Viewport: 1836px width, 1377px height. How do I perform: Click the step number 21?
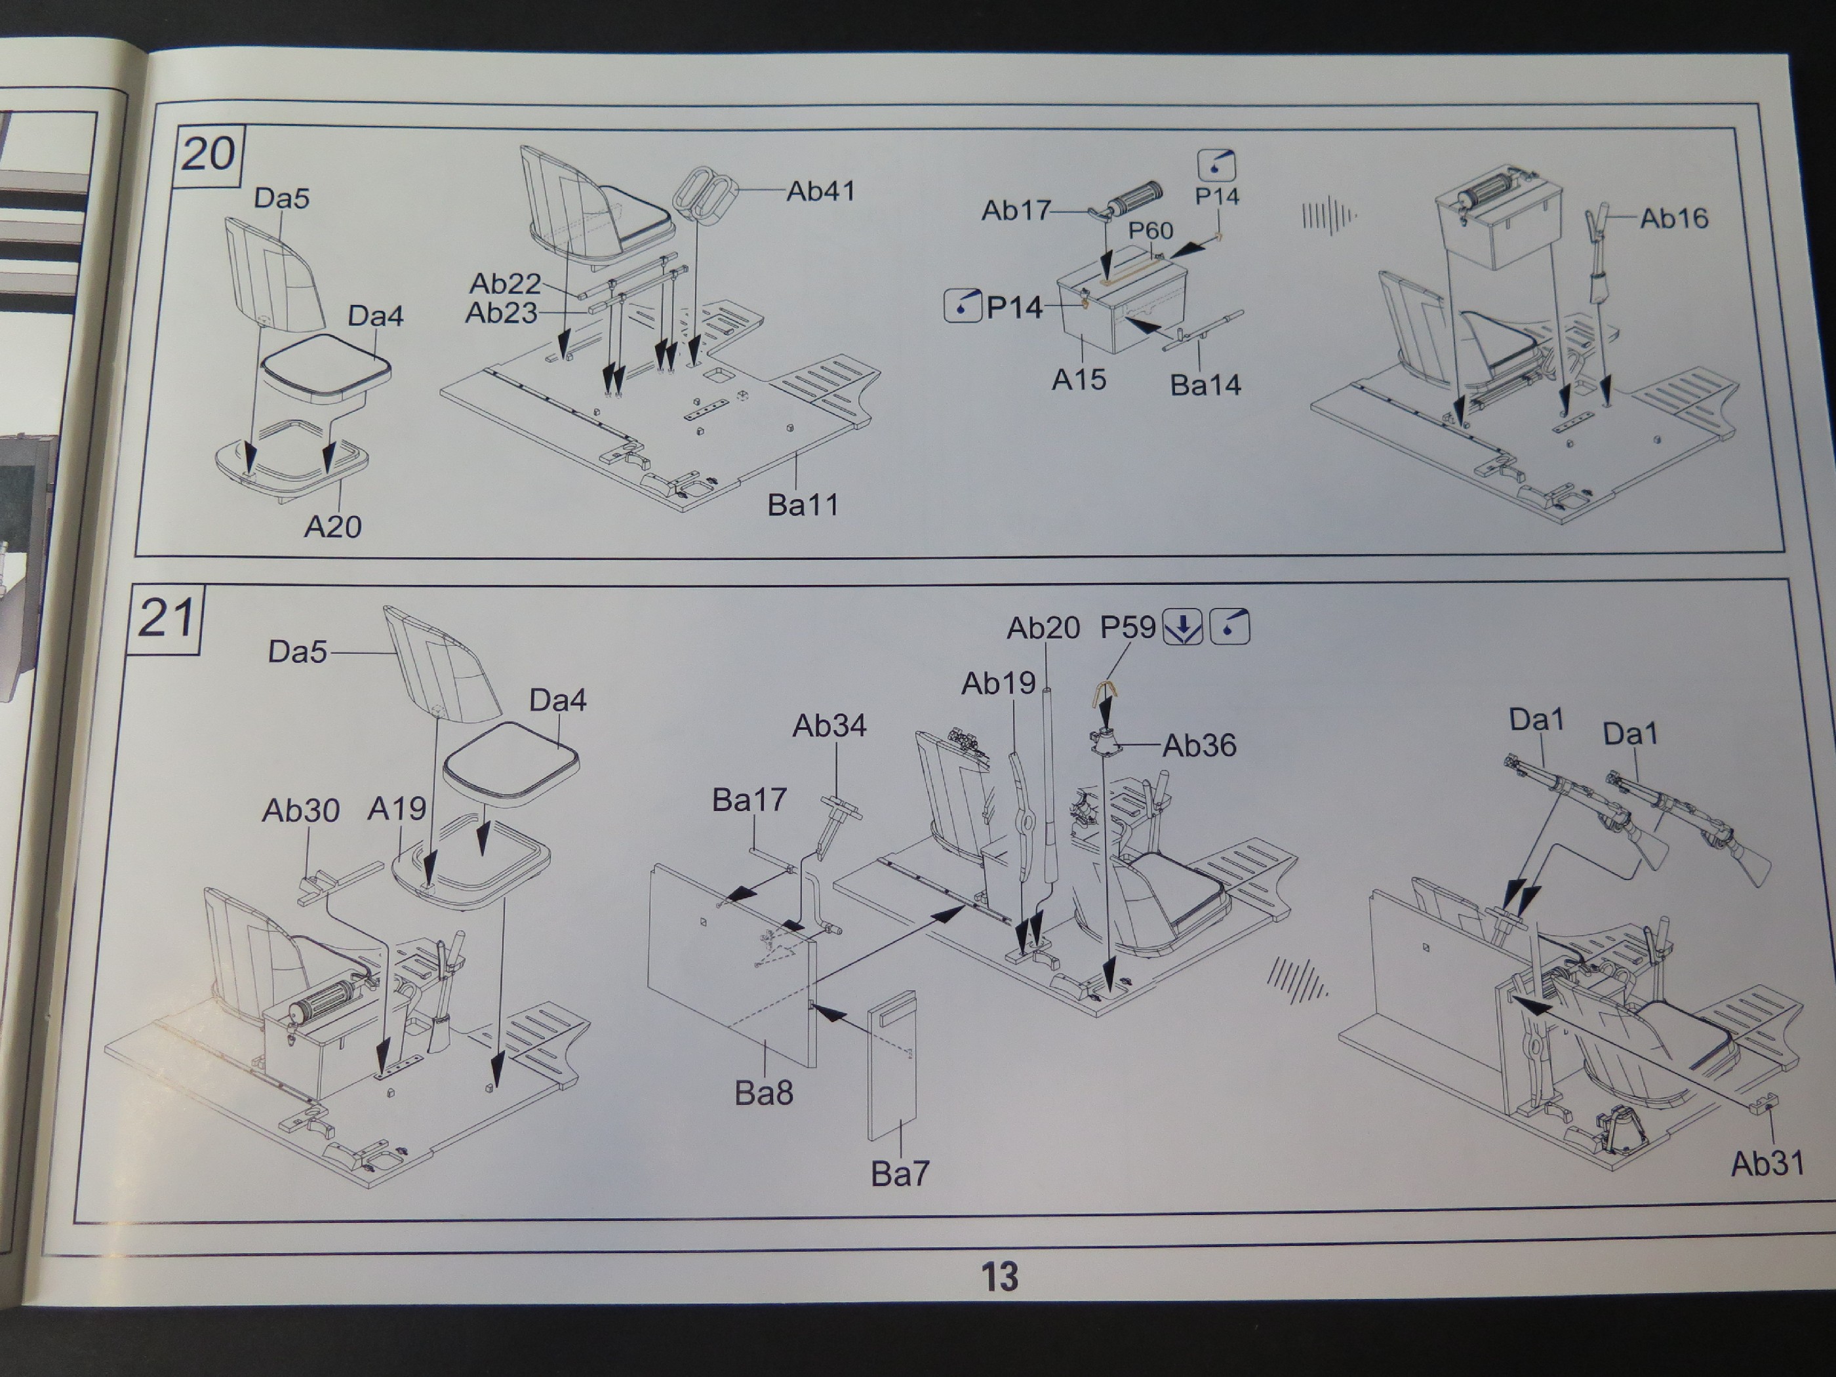click(166, 618)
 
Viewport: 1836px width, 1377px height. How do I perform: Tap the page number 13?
click(999, 1276)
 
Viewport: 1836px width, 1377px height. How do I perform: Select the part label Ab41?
click(820, 191)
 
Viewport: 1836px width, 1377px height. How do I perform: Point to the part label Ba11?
click(802, 505)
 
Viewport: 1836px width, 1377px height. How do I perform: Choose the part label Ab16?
click(1673, 218)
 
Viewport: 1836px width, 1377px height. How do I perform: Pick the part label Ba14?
click(1205, 385)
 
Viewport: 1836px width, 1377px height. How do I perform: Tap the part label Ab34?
click(829, 727)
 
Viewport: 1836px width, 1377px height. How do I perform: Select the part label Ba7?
click(900, 1174)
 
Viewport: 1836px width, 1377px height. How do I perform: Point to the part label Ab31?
click(1767, 1164)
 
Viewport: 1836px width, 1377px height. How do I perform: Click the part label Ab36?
click(1199, 746)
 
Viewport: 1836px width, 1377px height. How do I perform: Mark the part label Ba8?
click(764, 1093)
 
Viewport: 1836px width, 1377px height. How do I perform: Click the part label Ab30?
click(300, 810)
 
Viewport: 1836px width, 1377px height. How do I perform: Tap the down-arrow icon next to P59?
click(1182, 628)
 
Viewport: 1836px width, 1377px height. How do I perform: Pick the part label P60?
click(1149, 231)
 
